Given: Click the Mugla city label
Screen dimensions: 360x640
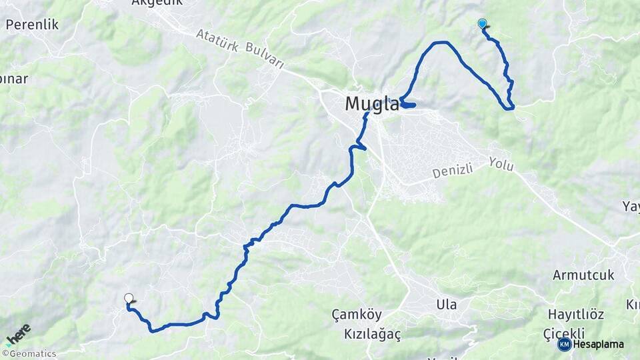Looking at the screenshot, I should tap(372, 104).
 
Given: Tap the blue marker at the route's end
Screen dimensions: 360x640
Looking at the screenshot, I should tap(482, 24).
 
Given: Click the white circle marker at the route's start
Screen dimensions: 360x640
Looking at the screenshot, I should tap(129, 299).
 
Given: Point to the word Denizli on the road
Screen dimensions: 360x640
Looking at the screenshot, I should tap(452, 171).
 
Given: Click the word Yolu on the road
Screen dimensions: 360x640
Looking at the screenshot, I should tap(501, 163).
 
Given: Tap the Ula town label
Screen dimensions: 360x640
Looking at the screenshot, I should tap(446, 305).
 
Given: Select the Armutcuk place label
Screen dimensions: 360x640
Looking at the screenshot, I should tap(583, 275).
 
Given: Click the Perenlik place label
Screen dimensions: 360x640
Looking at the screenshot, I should tap(32, 25).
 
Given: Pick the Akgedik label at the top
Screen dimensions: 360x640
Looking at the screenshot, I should tap(157, 3).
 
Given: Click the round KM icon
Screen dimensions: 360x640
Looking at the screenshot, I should tap(564, 344).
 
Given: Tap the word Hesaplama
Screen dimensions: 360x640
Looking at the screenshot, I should tap(598, 345).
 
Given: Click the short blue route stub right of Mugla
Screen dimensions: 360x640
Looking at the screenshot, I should tap(409, 105).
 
